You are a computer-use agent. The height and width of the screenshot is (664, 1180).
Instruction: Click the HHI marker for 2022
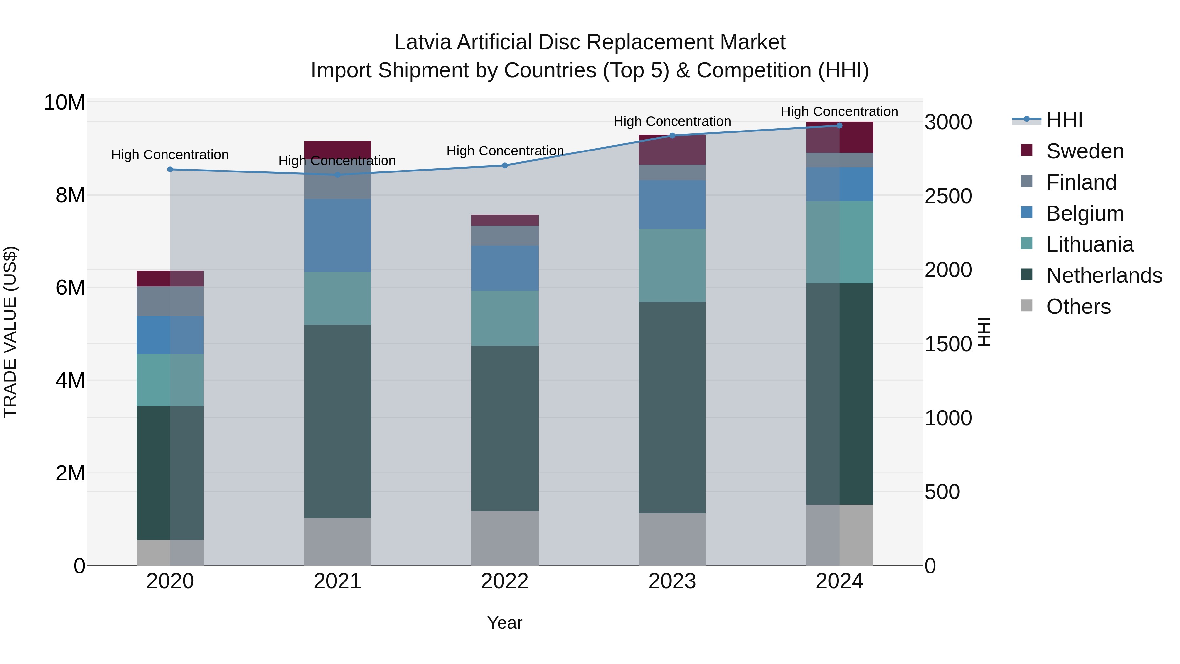pos(505,166)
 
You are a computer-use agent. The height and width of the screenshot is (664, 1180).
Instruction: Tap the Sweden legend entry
pos(1085,151)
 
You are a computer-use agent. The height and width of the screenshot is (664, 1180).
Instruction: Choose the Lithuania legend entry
pos(1089,245)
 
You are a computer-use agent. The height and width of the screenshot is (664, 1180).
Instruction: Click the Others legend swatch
pos(1027,306)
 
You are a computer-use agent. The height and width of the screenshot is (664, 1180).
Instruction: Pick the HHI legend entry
pos(1064,120)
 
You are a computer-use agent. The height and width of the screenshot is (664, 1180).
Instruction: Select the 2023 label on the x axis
pos(672,581)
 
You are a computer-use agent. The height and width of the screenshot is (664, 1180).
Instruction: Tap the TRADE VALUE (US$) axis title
pos(10,332)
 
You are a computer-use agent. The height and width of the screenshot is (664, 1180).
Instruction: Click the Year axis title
pos(504,623)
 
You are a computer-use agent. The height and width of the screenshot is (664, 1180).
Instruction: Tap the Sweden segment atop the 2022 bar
pos(505,220)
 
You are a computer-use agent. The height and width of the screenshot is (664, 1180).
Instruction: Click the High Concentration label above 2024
pos(839,111)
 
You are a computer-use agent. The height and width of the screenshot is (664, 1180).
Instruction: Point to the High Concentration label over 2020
pos(170,155)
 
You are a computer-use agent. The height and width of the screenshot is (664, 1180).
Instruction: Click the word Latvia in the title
pos(423,42)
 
